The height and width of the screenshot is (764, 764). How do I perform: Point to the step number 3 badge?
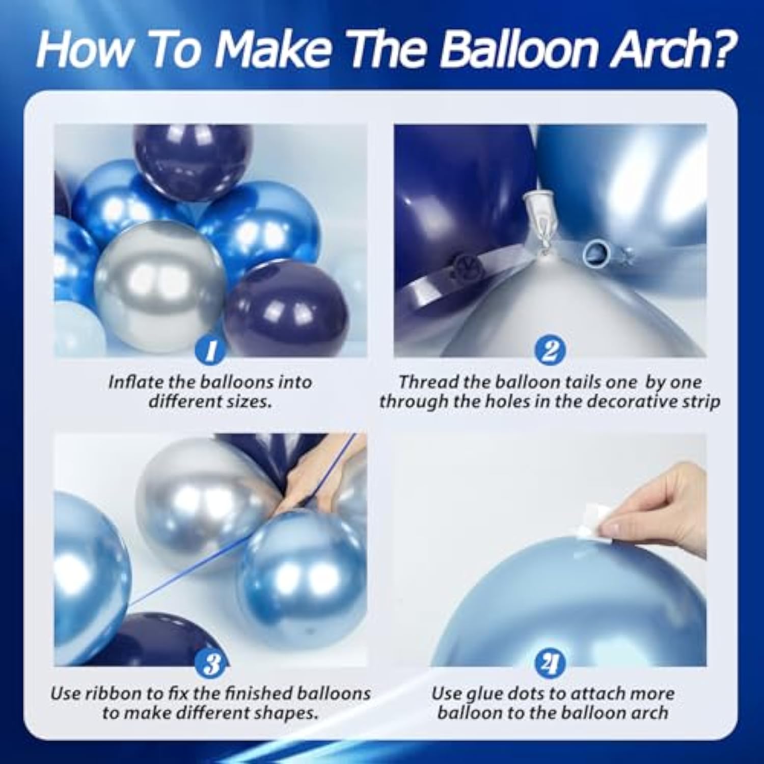pos(211,664)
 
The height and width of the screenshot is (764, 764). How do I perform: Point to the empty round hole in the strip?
pos(594,252)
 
